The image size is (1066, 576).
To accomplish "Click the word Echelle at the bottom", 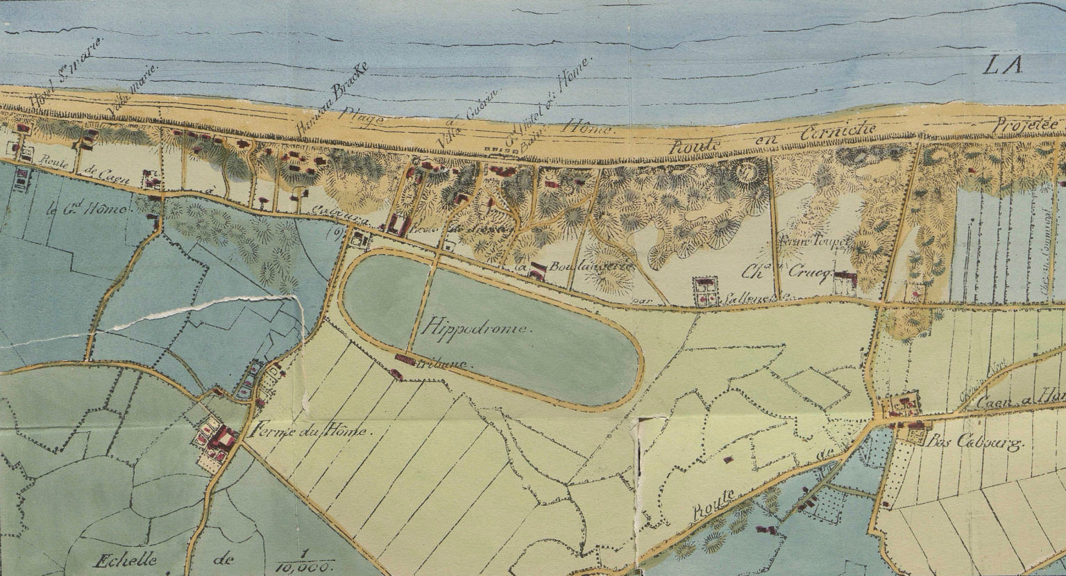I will pos(128,560).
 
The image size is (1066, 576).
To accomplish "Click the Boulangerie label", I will pos(575,266).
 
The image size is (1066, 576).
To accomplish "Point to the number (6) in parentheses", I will pos(330,233).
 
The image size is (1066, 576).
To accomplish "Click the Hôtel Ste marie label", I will pos(66,73).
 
